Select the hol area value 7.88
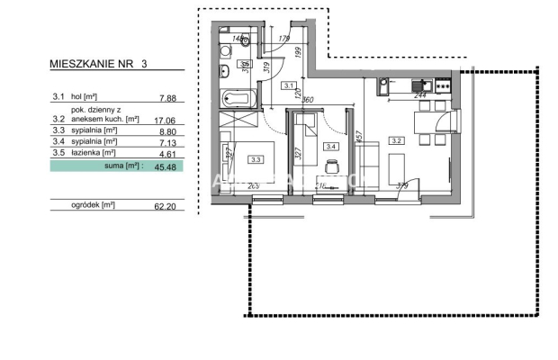click(x=166, y=100)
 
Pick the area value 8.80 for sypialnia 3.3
click(x=166, y=130)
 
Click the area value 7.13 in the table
click(x=166, y=141)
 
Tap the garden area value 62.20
click(x=165, y=205)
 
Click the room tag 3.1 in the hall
click(x=290, y=86)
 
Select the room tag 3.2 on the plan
click(x=396, y=140)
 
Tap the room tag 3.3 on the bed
click(x=256, y=160)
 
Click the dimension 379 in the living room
click(x=401, y=186)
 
